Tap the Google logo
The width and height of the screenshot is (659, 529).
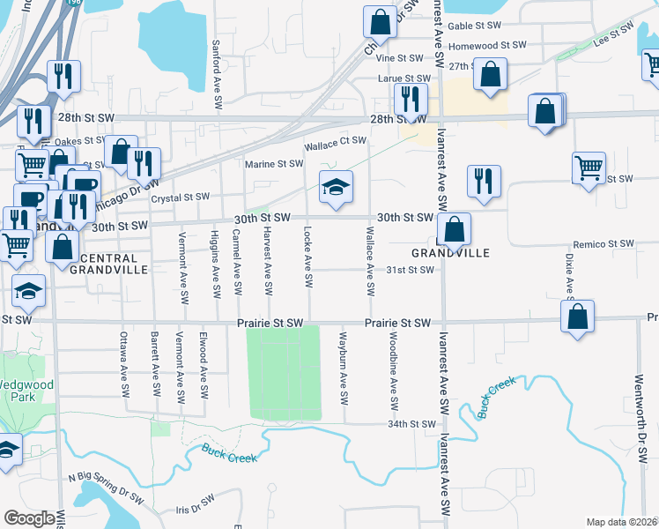[29, 518]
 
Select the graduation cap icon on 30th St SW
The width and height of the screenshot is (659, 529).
[336, 188]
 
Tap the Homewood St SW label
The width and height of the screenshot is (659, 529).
[486, 45]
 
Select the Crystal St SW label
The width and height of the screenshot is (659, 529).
[180, 197]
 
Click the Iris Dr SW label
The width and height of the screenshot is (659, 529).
[196, 510]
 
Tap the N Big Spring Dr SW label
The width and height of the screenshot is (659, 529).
[106, 488]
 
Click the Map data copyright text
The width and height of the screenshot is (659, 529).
[621, 522]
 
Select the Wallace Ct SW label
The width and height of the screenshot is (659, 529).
[335, 141]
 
